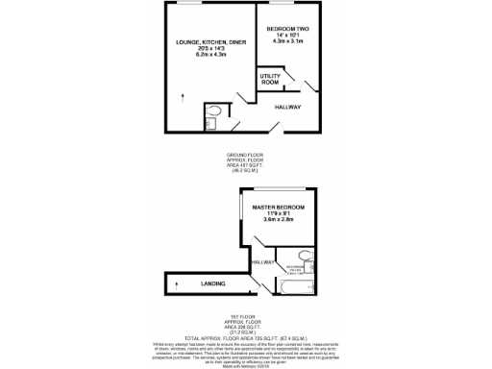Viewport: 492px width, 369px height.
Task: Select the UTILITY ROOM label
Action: pos(270,80)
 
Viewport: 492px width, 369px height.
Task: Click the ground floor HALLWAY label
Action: pos(288,107)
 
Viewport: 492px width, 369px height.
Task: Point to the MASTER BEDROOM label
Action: pos(278,207)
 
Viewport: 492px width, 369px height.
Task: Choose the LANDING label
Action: pos(212,283)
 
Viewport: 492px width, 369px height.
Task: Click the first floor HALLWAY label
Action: pos(261,262)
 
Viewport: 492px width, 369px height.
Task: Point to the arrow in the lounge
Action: pos(182,95)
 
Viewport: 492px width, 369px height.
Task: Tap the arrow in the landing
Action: pos(178,283)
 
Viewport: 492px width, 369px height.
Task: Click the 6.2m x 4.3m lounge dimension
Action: pos(202,56)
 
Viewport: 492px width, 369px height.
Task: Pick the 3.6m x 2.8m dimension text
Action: pos(278,220)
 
